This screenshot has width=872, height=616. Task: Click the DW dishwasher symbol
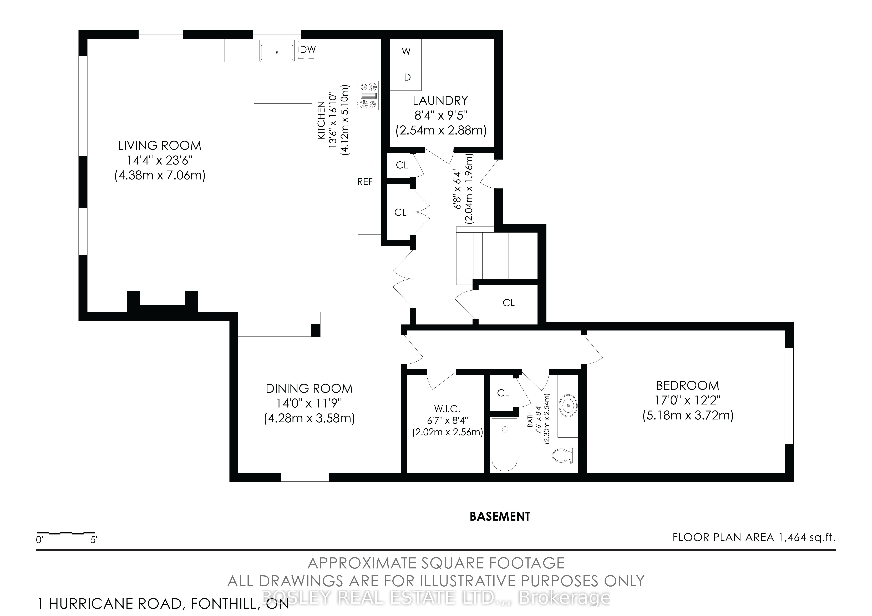[308, 49]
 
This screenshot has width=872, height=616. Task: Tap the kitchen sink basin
[277, 52]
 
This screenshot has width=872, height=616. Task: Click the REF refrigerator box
[365, 182]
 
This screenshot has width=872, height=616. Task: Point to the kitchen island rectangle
[283, 140]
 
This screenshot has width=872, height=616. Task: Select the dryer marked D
[406, 77]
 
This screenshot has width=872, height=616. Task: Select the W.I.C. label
[447, 409]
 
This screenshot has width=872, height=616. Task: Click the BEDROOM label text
[688, 386]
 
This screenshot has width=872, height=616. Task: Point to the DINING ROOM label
[309, 389]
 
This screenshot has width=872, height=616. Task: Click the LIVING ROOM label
[160, 145]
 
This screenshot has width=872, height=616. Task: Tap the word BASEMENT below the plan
[500, 517]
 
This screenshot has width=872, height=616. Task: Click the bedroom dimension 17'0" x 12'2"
[688, 401]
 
